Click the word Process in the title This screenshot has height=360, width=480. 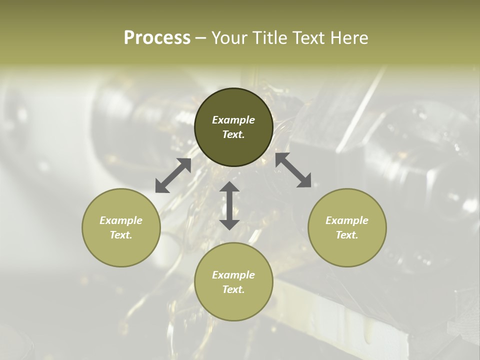click(x=157, y=37)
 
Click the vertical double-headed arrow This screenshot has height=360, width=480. click(x=229, y=205)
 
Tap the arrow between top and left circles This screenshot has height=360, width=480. click(x=173, y=175)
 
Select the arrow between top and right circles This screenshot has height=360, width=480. click(x=293, y=170)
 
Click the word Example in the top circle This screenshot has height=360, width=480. click(x=233, y=120)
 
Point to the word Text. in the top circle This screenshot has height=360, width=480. click(x=233, y=134)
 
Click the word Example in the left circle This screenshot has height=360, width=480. click(x=121, y=220)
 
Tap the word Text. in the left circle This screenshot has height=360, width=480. click(x=121, y=235)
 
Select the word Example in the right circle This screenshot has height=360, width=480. click(x=347, y=220)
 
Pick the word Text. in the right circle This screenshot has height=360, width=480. click(x=347, y=235)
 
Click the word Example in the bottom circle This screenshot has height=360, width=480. click(x=233, y=275)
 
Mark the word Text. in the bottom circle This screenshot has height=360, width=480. click(x=233, y=289)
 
